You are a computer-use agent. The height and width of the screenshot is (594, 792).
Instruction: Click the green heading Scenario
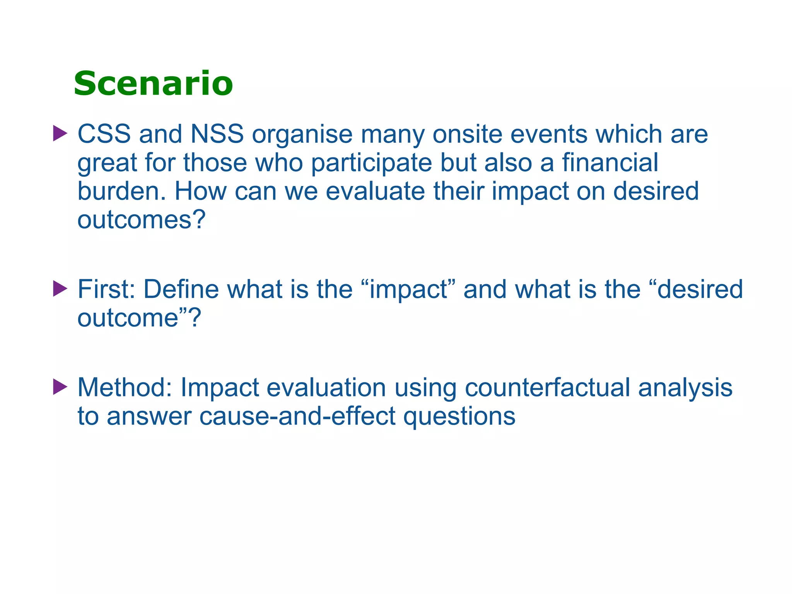tap(153, 84)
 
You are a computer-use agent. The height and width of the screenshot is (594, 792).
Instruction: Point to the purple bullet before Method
tap(60, 387)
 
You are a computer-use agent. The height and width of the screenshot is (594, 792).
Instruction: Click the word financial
tap(610, 162)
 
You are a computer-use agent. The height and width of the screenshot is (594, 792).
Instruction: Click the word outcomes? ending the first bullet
tap(141, 220)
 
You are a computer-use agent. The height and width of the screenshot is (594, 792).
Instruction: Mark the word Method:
tap(124, 387)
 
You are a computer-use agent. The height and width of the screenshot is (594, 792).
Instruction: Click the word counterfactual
tap(547, 387)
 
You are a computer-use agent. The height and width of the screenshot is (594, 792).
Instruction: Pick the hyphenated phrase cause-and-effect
tap(297, 416)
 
